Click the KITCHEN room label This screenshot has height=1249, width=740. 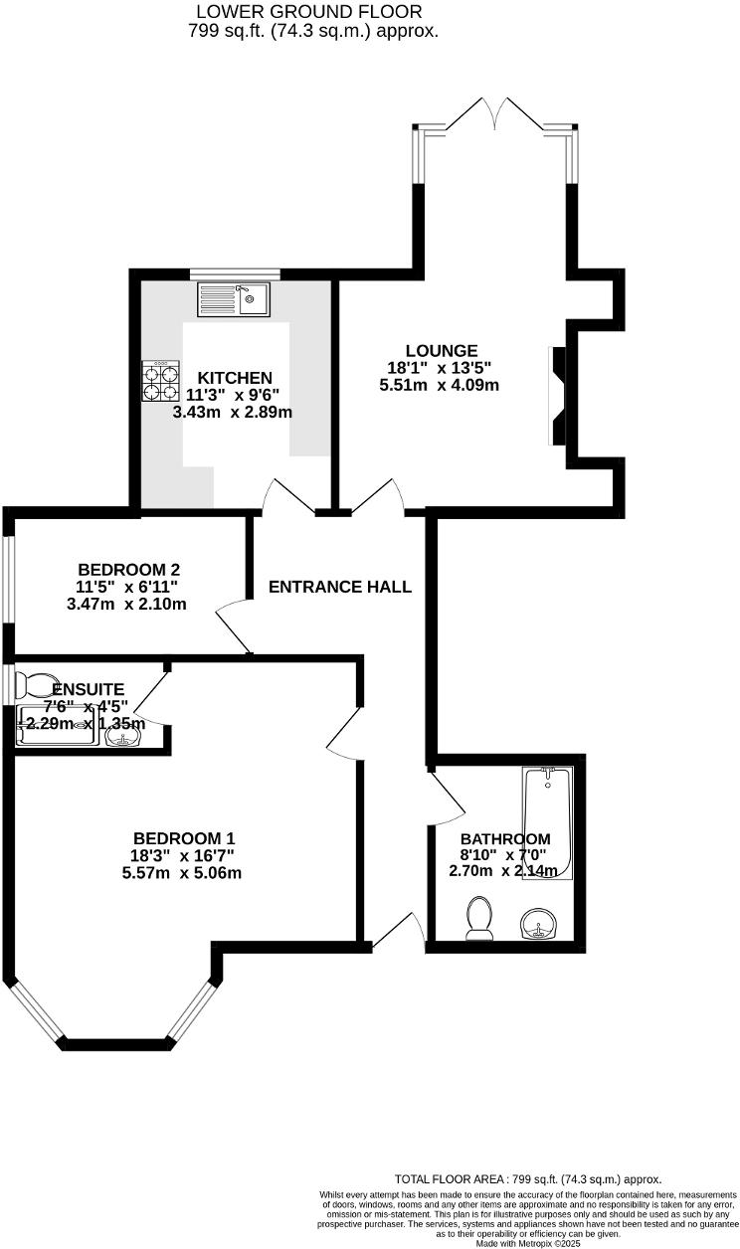tap(235, 378)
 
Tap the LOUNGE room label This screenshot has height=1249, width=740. tap(442, 351)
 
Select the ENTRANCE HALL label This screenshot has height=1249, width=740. tap(340, 587)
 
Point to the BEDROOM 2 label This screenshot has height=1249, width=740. tap(128, 570)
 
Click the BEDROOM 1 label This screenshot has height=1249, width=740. tap(184, 838)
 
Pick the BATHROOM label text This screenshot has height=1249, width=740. tap(504, 839)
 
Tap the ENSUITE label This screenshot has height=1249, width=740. tap(88, 689)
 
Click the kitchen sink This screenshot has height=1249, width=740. tap(233, 297)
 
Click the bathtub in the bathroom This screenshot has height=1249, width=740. tap(548, 823)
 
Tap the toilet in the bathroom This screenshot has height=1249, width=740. tap(479, 917)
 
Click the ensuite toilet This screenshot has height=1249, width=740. tap(36, 685)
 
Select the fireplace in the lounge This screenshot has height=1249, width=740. tap(557, 395)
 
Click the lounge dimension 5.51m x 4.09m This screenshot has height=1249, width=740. tap(439, 385)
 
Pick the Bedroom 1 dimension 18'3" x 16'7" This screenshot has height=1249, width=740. tap(184, 856)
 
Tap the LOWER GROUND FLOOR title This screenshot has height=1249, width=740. tap(309, 12)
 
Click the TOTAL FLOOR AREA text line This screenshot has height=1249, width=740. tap(527, 1178)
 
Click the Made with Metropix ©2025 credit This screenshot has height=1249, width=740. tap(528, 1243)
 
